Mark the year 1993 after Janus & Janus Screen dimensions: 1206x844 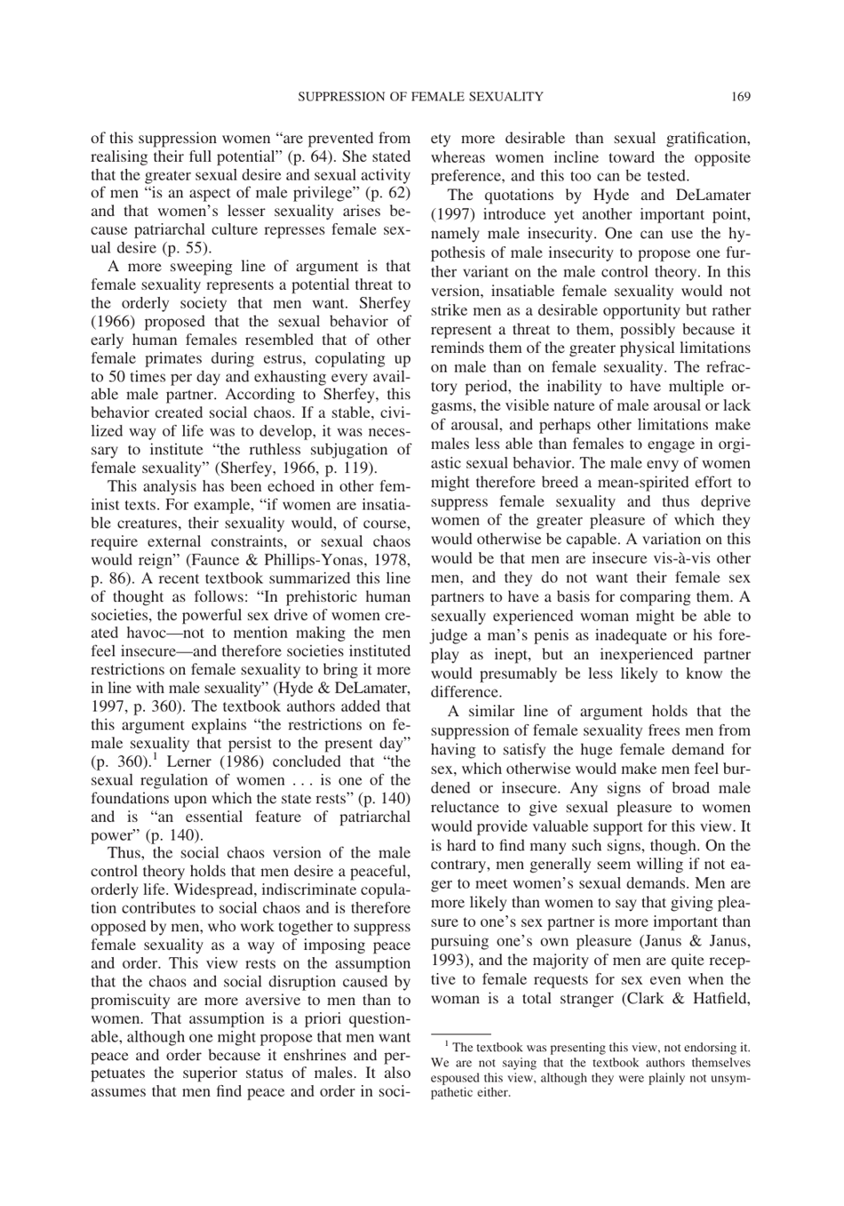(x=447, y=960)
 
